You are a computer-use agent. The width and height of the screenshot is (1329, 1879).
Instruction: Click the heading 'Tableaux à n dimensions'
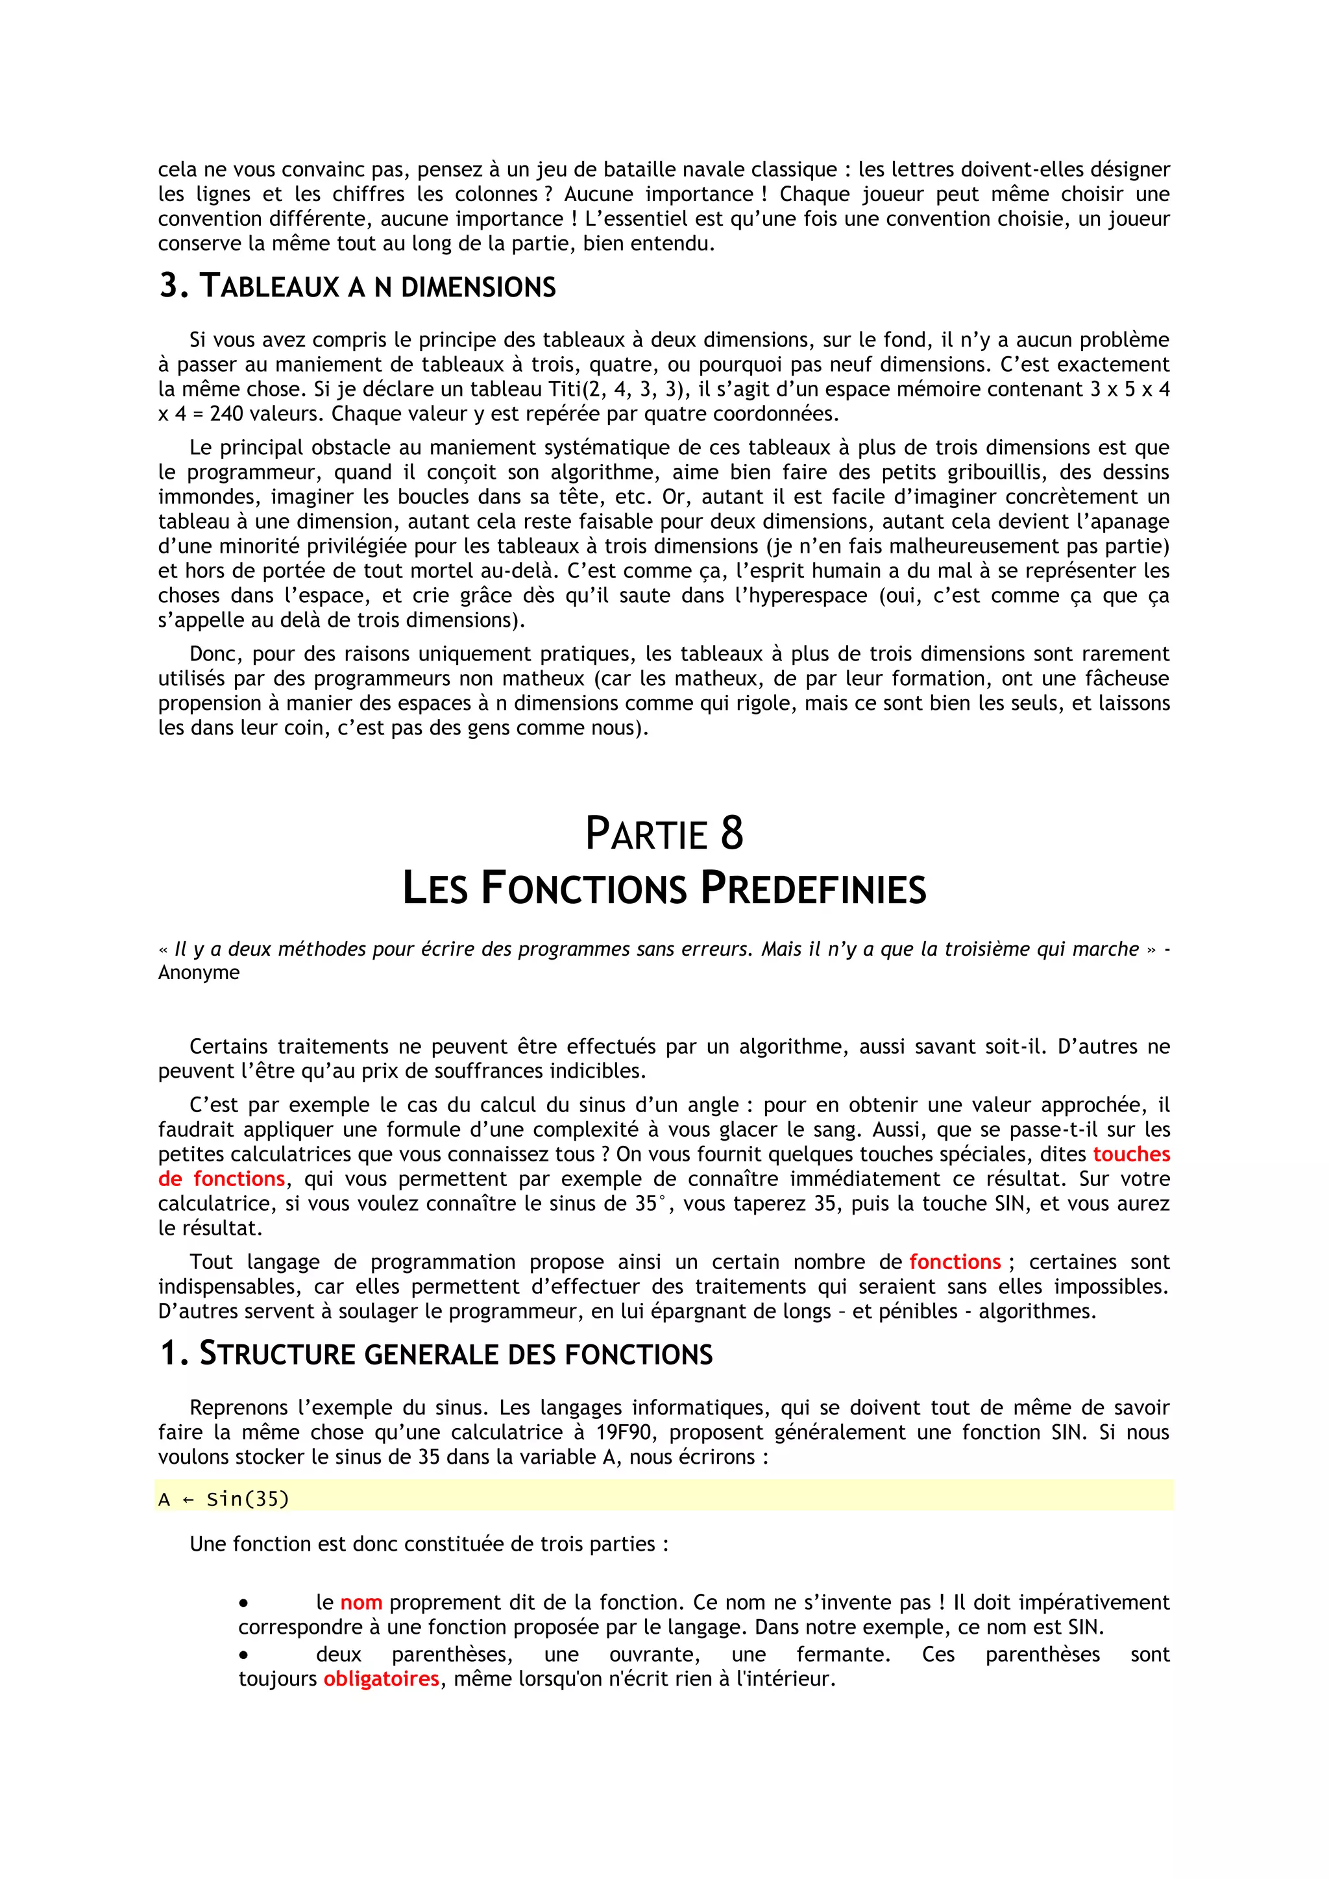357,286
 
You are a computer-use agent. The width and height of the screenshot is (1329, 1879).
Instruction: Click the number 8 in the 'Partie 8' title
731,833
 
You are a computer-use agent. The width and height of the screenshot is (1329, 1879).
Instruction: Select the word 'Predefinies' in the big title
814,889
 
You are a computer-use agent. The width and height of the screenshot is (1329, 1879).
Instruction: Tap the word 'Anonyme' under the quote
199,972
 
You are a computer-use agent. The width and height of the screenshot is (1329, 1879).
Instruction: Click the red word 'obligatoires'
382,1679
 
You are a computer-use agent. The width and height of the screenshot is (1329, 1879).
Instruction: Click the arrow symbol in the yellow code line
188,1499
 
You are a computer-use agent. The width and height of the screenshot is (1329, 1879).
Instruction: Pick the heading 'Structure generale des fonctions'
435,1353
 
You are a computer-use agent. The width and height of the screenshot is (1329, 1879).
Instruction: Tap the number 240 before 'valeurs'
226,413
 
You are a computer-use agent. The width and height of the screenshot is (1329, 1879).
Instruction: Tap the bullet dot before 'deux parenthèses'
243,1655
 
